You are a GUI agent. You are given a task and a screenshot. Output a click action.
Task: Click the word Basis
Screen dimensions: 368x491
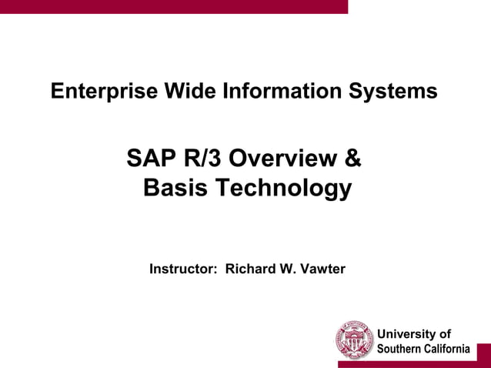coord(175,188)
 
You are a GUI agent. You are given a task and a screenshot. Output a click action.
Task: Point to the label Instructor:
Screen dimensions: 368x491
coord(182,269)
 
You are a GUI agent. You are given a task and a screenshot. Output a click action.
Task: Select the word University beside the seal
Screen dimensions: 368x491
coord(413,334)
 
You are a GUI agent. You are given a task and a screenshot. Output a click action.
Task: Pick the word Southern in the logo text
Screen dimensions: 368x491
coord(400,349)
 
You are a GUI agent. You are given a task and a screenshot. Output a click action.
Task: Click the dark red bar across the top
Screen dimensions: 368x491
coord(173,6)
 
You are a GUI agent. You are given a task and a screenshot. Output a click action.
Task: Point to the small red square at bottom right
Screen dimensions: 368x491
coord(483,355)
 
